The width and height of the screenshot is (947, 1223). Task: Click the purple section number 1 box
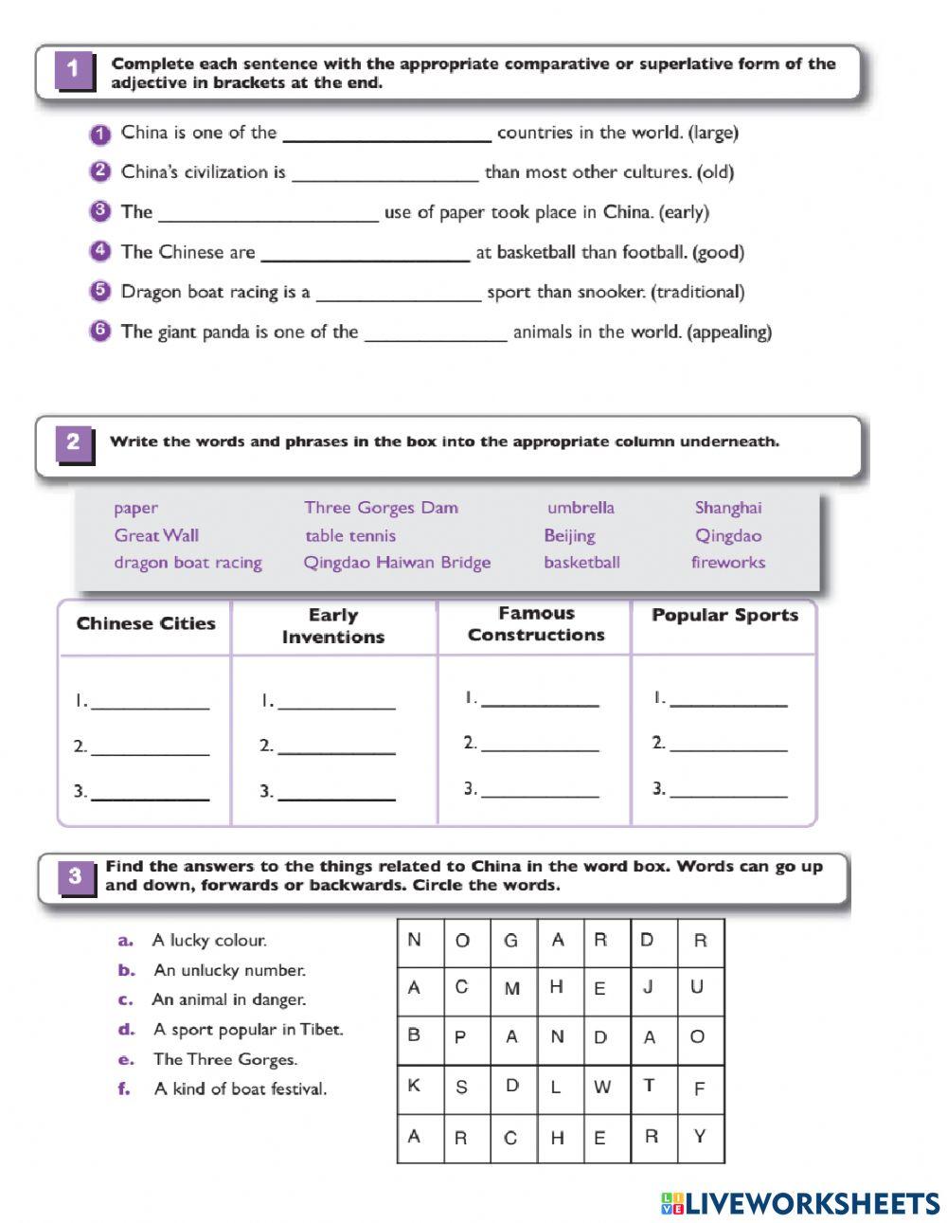[x=74, y=72]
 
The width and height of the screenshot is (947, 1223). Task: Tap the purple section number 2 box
[x=73, y=443]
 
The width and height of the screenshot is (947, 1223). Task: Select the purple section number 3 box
[x=75, y=876]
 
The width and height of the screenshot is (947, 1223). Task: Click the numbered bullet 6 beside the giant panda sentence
[x=100, y=332]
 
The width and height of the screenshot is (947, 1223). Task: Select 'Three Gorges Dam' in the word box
[x=381, y=508]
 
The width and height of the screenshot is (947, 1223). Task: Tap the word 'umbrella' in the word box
[x=581, y=508]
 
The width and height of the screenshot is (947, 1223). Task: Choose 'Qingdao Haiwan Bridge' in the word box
[x=397, y=563]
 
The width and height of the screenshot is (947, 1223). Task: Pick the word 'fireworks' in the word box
[x=727, y=563]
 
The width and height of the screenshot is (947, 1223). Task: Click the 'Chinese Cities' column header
[x=146, y=624]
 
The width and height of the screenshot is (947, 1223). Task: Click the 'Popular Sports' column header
[x=724, y=616]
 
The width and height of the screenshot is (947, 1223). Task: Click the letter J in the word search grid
[x=649, y=987]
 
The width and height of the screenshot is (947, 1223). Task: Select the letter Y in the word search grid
[x=700, y=1137]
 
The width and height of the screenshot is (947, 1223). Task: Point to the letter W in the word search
[x=602, y=1088]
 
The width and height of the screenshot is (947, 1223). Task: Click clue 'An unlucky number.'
[x=229, y=970]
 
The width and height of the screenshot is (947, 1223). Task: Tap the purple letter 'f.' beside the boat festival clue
[x=124, y=1089]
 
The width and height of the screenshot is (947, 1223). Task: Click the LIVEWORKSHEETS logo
[x=800, y=1203]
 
